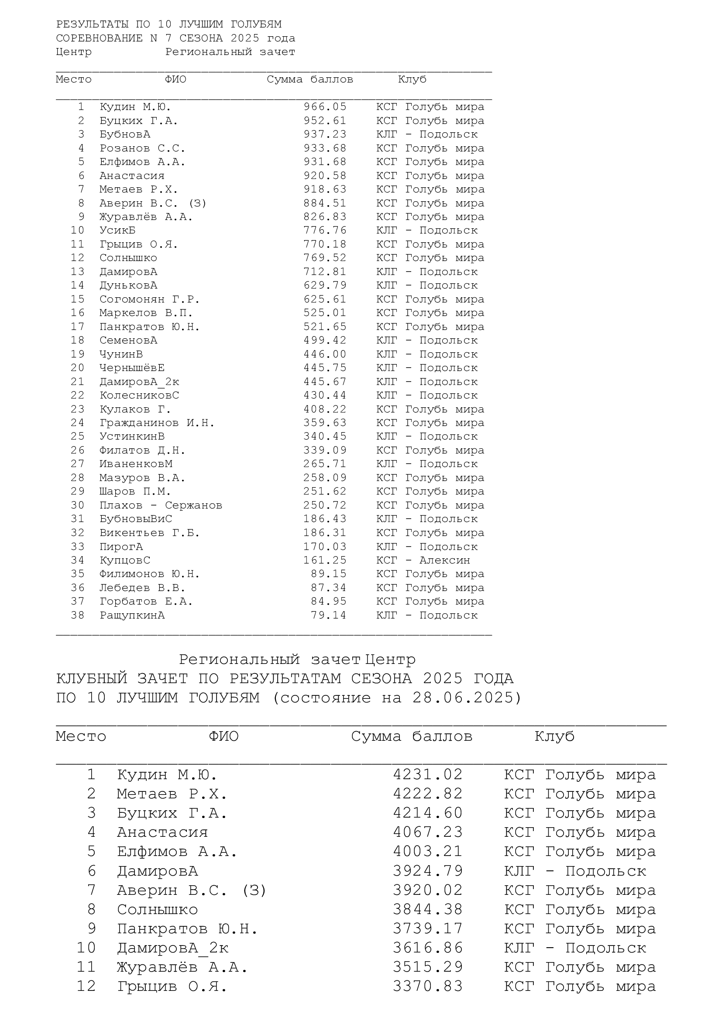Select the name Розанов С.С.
tap(142, 148)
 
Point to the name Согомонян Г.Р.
tap(149, 299)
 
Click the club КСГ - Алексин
tap(423, 560)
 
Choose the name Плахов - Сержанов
tap(161, 505)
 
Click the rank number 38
tap(77, 615)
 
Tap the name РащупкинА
tap(132, 615)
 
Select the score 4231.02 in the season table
tap(428, 775)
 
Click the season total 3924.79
tap(428, 871)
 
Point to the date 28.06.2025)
tap(467, 698)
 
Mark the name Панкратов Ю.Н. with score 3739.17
tap(187, 929)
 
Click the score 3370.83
tap(428, 987)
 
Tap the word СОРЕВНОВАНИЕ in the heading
tap(100, 38)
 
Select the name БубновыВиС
tap(136, 519)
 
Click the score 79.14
tap(328, 615)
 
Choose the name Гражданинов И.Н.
tap(157, 423)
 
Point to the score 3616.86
tap(428, 948)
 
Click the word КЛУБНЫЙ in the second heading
tap(92, 679)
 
